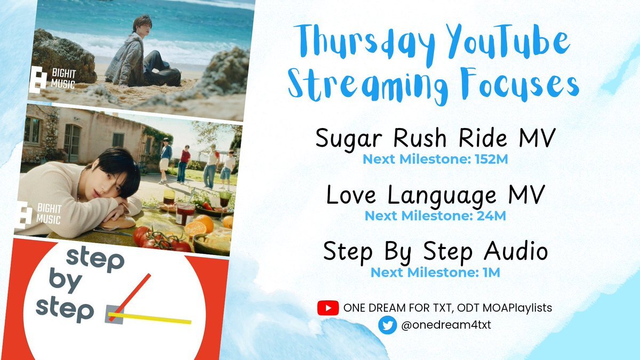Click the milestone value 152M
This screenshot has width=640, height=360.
pyautogui.click(x=491, y=159)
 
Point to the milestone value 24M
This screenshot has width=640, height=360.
pyautogui.click(x=491, y=215)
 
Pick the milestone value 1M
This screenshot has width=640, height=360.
pyautogui.click(x=491, y=273)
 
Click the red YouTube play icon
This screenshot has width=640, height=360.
pyautogui.click(x=328, y=308)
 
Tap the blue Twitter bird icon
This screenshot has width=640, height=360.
pyautogui.click(x=387, y=325)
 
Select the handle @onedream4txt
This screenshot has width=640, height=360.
pyautogui.click(x=446, y=325)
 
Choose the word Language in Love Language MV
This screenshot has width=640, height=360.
pyautogui.click(x=442, y=196)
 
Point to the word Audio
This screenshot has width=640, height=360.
pyautogui.click(x=516, y=251)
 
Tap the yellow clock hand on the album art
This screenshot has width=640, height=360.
pyautogui.click(x=150, y=318)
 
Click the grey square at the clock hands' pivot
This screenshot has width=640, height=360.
pyautogui.click(x=114, y=315)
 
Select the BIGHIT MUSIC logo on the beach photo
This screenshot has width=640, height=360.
pyautogui.click(x=53, y=79)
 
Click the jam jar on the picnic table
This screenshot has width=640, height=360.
pyautogui.click(x=185, y=214)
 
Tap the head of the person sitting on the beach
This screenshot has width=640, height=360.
pyautogui.click(x=141, y=25)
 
